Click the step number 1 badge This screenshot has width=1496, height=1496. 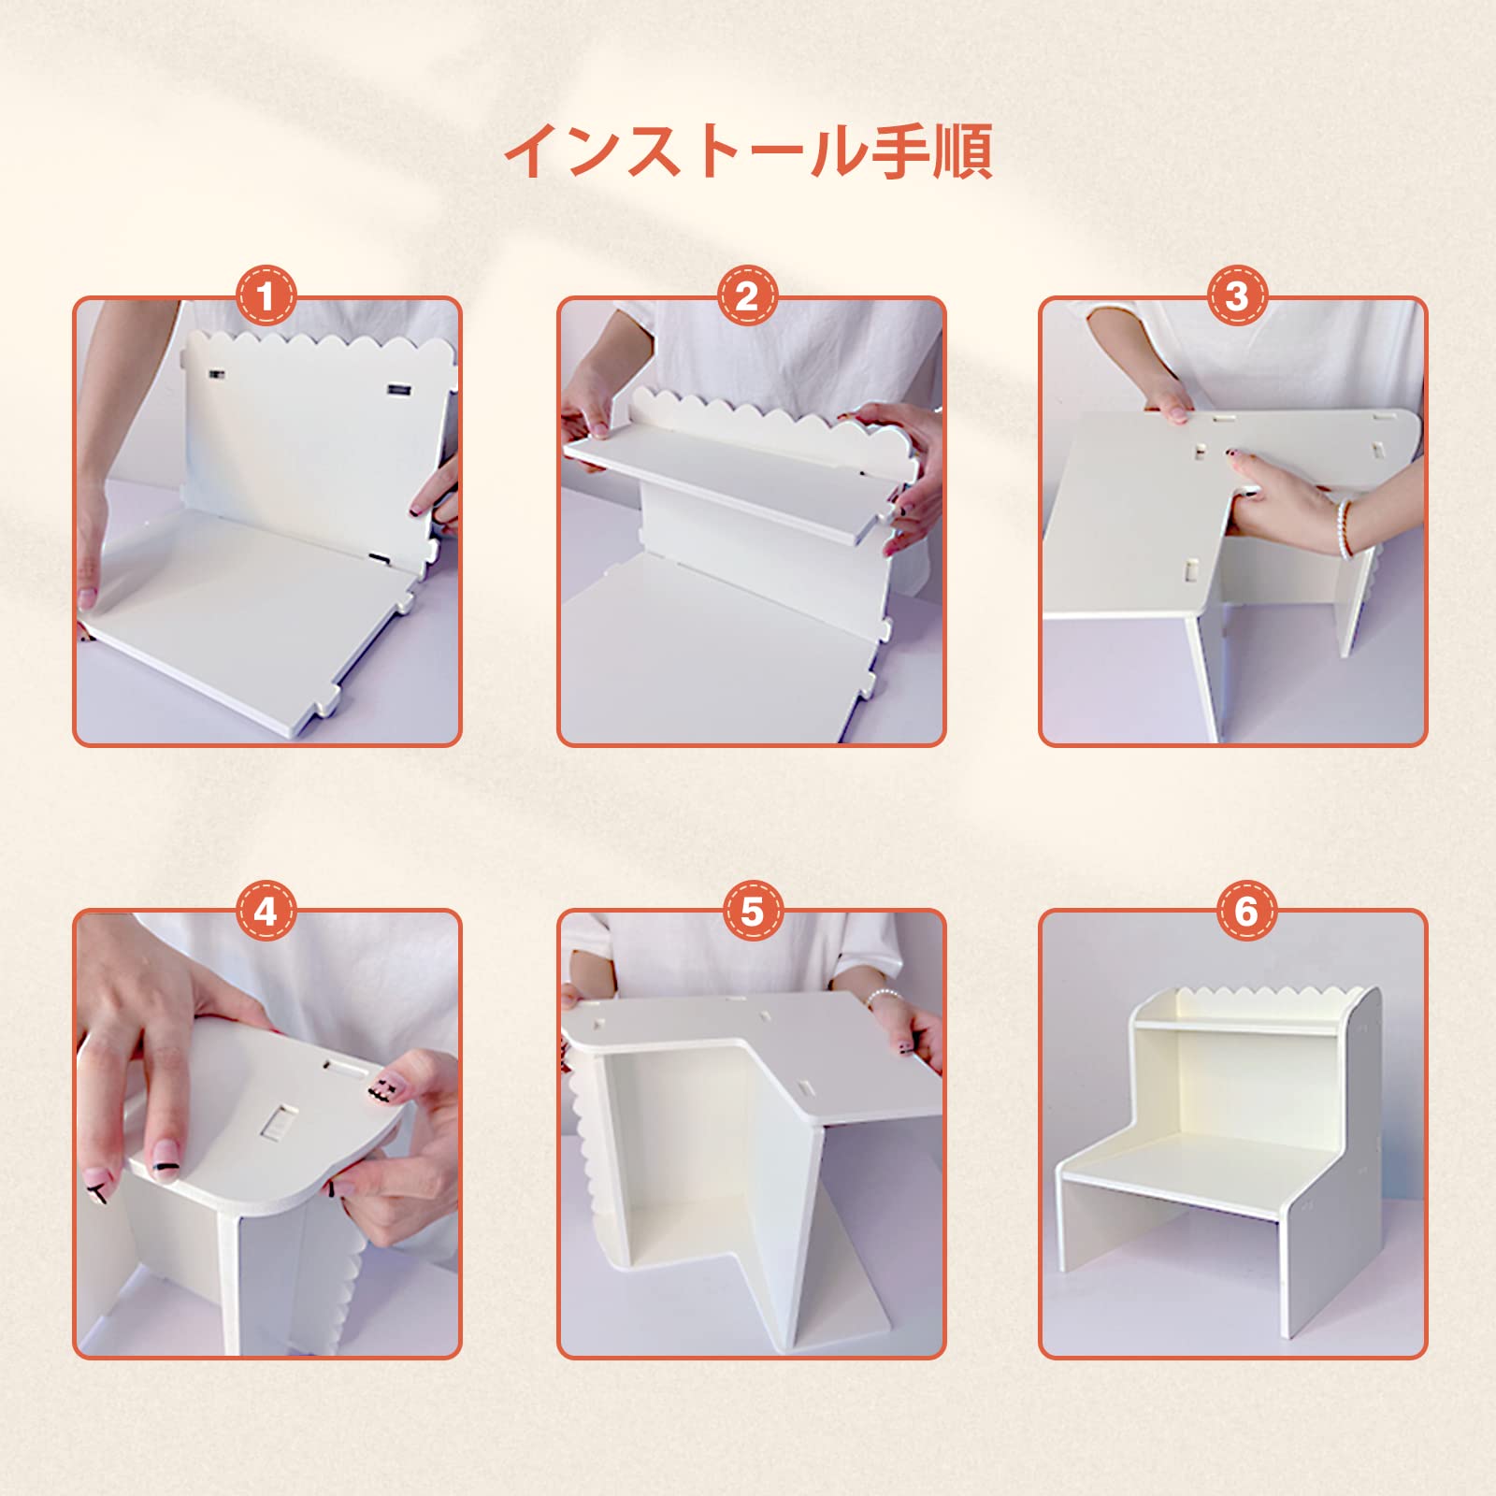pyautogui.click(x=266, y=297)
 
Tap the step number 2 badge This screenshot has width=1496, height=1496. pyautogui.click(x=747, y=296)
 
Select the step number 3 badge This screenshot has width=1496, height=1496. pyautogui.click(x=1236, y=296)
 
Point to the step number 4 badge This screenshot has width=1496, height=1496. pyautogui.click(x=266, y=910)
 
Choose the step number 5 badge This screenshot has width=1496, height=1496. pyautogui.click(x=753, y=910)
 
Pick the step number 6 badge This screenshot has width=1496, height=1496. pyautogui.click(x=1246, y=910)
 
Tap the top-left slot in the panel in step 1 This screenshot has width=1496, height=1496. pyautogui.click(x=216, y=375)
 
